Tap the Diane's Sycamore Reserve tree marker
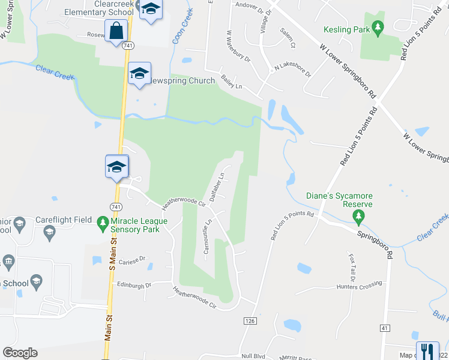click(358, 215)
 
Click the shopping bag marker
click(115, 30)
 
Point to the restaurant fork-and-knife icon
click(427, 350)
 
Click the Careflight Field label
click(63, 220)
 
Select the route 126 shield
click(250, 321)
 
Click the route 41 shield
click(385, 328)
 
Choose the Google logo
click(20, 353)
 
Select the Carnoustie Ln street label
click(206, 236)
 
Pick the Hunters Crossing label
click(359, 286)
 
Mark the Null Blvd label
click(253, 355)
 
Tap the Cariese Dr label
click(132, 259)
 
